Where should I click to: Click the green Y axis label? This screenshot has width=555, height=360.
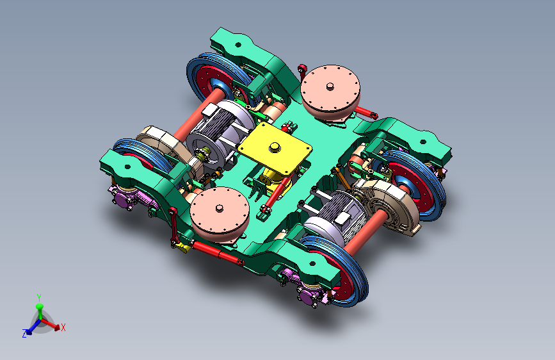[x=39, y=298]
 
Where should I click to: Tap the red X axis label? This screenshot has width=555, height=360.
[x=63, y=327]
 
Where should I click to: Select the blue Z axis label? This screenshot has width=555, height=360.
[x=24, y=334]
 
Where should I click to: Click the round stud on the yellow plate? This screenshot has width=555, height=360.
[x=275, y=147]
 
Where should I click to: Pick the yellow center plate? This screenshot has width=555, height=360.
[x=275, y=149]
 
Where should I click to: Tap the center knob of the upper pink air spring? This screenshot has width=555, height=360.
[x=330, y=86]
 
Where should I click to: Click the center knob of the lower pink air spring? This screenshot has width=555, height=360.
[x=220, y=208]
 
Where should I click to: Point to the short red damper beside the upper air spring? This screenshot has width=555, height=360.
[x=366, y=112]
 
